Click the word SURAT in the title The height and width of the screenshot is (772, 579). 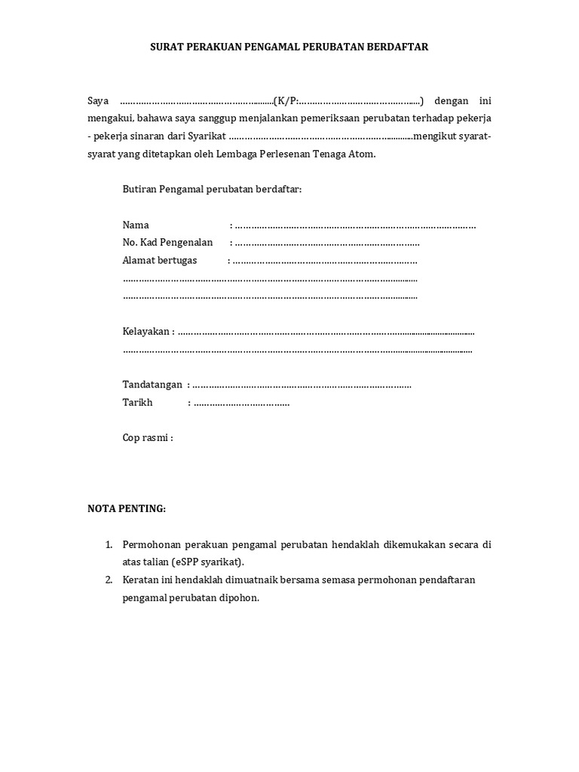[167, 47]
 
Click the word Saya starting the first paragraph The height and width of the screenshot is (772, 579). [99, 100]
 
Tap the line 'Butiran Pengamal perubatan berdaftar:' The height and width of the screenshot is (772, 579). [212, 189]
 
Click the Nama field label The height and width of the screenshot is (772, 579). [136, 225]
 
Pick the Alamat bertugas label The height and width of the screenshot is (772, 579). [159, 260]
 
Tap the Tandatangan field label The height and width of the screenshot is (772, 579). [152, 384]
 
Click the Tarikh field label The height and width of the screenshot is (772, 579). [137, 403]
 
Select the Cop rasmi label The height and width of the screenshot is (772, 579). [147, 438]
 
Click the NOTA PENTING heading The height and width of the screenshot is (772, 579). [127, 509]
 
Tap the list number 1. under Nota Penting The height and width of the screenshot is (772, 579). [109, 544]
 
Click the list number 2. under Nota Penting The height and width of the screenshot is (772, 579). [109, 580]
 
